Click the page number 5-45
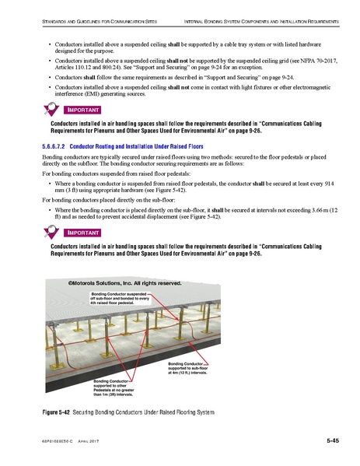click(332, 440)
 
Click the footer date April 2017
click(94, 441)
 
